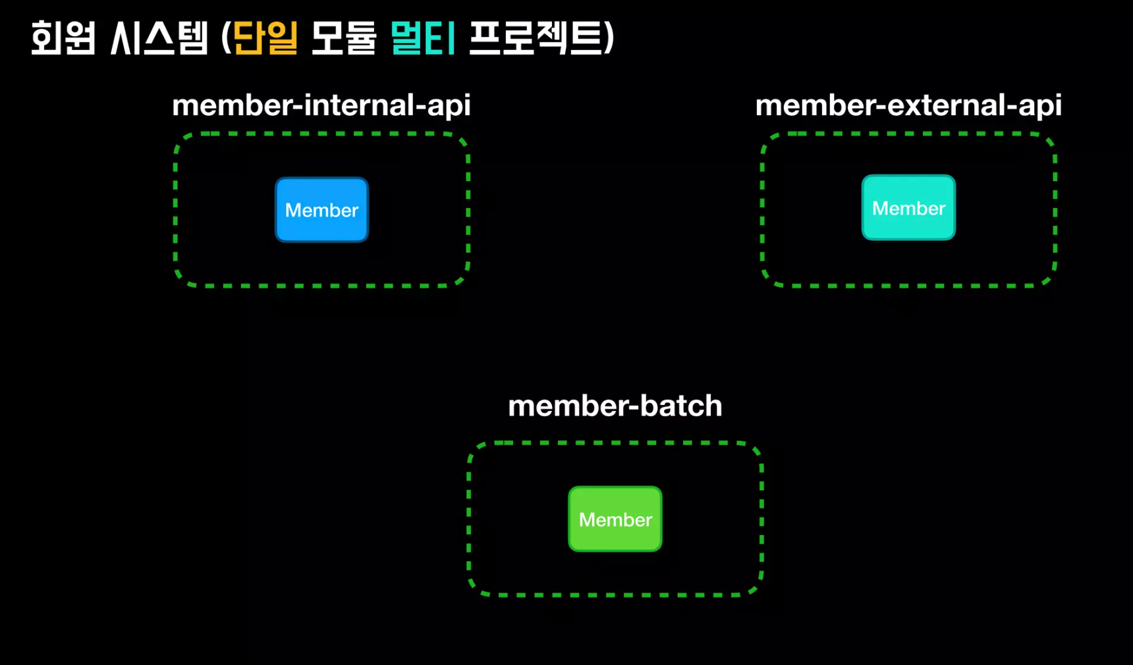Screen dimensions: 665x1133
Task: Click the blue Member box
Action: coord(321,210)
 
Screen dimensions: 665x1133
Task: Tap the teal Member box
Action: coord(908,208)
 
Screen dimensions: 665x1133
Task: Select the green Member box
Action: coord(615,519)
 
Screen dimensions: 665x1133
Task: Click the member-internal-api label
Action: coord(321,105)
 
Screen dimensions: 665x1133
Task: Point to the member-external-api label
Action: coord(908,105)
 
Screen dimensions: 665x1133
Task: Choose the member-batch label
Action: coord(615,406)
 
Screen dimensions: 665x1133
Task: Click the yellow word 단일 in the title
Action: coord(266,38)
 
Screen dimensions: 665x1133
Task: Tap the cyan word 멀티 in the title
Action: coord(422,38)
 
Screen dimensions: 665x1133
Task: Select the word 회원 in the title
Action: coord(63,38)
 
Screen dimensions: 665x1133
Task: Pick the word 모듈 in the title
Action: coord(343,38)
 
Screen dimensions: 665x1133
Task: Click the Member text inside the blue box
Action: coord(321,211)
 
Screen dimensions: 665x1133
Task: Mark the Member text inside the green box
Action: coord(615,520)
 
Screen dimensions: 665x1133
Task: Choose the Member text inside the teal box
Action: coord(908,209)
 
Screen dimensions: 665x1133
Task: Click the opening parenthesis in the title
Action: coord(226,38)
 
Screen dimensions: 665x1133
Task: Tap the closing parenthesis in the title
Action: coord(609,38)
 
